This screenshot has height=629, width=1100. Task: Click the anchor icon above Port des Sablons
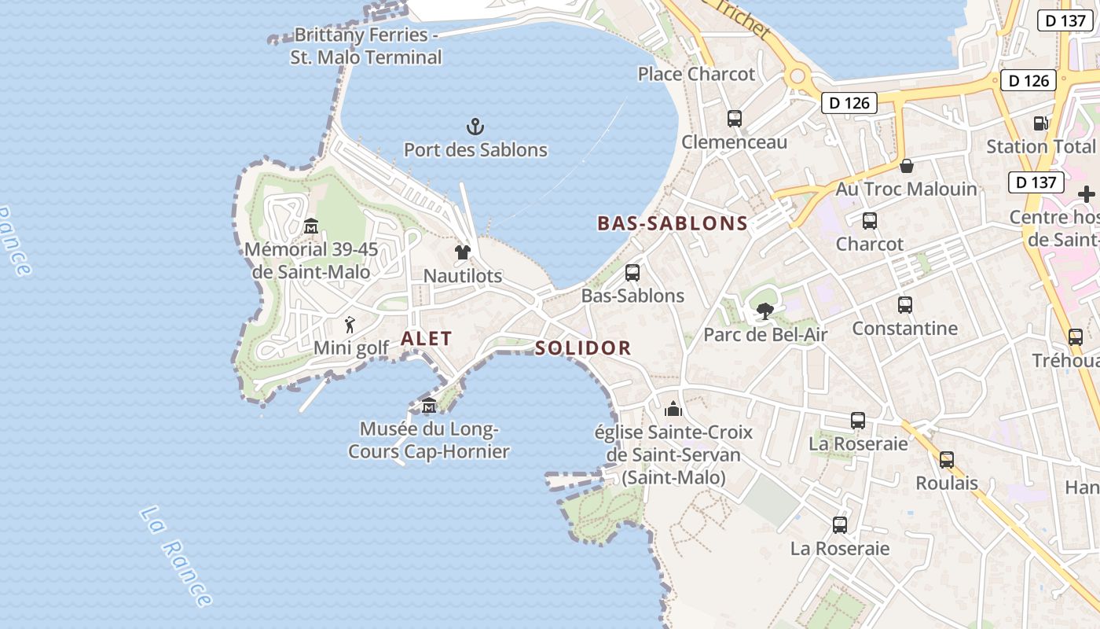pos(475,126)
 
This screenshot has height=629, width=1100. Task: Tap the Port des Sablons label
pos(475,149)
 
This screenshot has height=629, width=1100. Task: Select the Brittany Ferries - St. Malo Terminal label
pos(366,46)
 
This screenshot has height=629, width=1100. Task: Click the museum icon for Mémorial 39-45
pos(311,226)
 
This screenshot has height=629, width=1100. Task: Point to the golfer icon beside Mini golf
pos(350,324)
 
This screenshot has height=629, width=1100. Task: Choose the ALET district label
pos(427,339)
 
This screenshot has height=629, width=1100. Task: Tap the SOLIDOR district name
pos(583,348)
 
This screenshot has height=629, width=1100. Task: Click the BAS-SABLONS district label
pos(673,223)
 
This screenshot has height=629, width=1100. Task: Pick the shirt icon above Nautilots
pos(462,252)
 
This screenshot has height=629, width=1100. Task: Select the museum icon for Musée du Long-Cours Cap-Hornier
pos(429,406)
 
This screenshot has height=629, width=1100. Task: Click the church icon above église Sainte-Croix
pos(673,409)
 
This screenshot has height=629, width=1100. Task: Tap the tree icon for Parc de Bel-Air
pos(764,311)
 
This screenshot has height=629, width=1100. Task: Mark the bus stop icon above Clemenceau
pos(735,119)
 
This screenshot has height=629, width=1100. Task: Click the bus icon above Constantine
pos(905,304)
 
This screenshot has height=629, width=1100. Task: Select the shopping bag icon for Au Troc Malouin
pos(907,166)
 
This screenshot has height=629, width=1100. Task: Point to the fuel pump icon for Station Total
pos(1040,123)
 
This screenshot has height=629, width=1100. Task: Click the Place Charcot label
pos(696,74)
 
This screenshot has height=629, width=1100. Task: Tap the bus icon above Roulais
pos(947,459)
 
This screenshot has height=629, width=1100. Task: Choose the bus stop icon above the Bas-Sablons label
pos(632,273)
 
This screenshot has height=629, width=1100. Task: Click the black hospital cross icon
pos(1086,194)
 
